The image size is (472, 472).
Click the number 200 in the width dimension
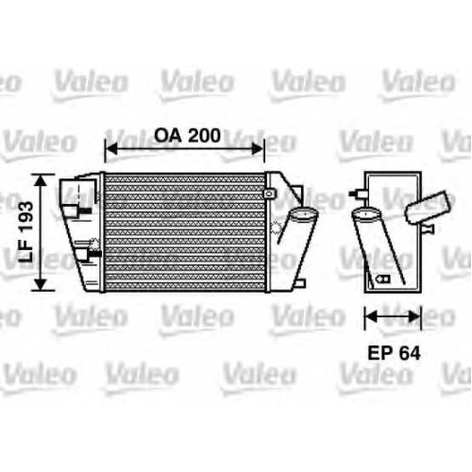point(205,136)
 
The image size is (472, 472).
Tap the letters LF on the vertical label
point(25,251)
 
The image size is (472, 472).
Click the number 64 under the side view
point(408,353)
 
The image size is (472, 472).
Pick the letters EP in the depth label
point(379,353)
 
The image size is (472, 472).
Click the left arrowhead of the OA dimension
point(110,148)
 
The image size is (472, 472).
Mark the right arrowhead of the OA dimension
point(258,148)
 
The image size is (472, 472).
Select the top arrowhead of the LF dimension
point(41,180)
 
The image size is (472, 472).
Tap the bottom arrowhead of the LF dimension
point(41,284)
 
